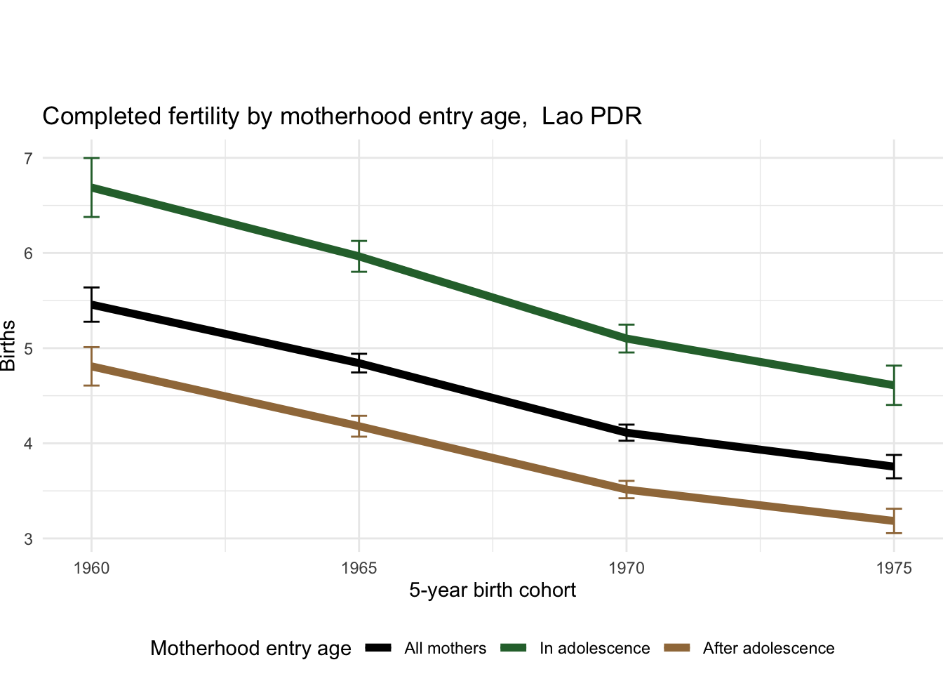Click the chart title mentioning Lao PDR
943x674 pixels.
pyautogui.click(x=342, y=116)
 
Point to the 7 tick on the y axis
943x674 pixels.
pyautogui.click(x=28, y=158)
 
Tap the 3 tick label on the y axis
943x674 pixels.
pyautogui.click(x=28, y=539)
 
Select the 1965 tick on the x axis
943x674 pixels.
pyautogui.click(x=359, y=568)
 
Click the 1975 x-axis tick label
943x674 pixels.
pyautogui.click(x=894, y=568)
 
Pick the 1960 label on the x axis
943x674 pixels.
pyautogui.click(x=91, y=568)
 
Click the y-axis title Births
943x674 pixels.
pyautogui.click(x=8, y=345)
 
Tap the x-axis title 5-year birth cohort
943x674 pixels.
pyautogui.click(x=493, y=590)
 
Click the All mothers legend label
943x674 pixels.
pyautogui.click(x=445, y=649)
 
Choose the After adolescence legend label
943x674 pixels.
pyautogui.click(x=768, y=649)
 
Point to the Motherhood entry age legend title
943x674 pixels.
pyautogui.click(x=250, y=649)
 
